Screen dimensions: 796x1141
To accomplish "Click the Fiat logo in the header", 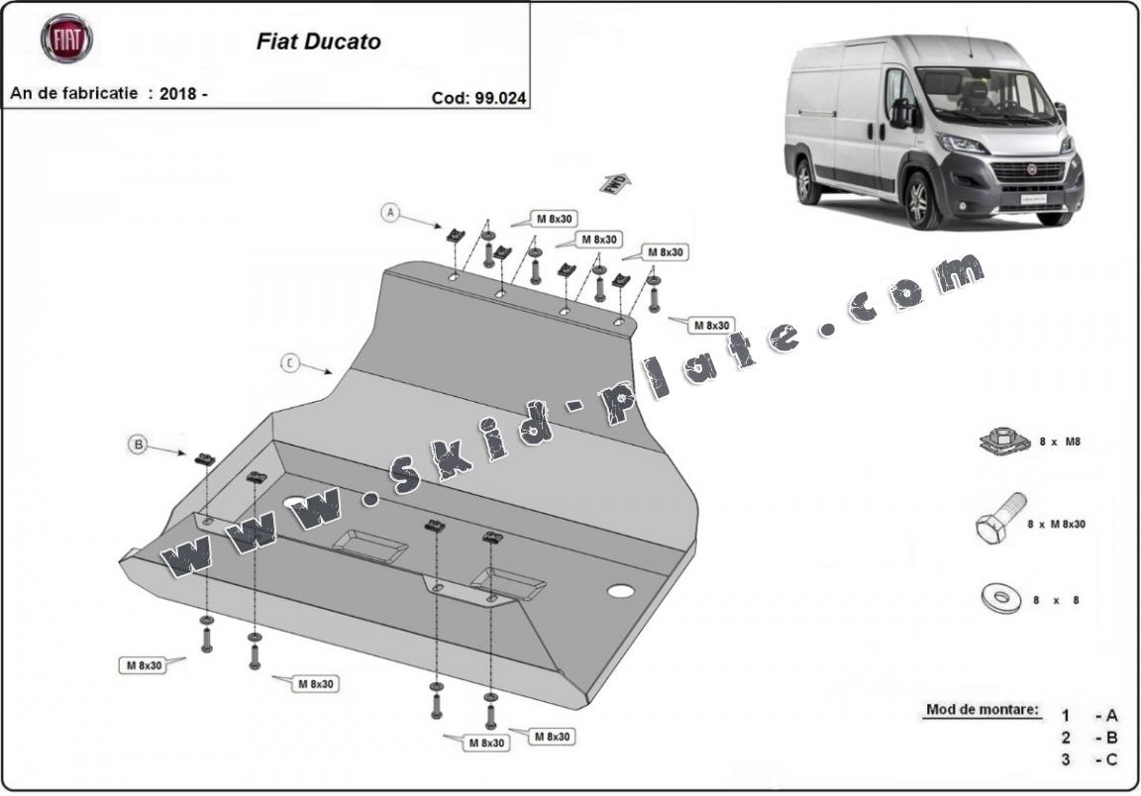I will click(x=65, y=39).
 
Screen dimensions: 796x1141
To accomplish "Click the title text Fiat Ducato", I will click(x=318, y=43).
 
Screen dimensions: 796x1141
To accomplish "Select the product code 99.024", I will click(x=498, y=97).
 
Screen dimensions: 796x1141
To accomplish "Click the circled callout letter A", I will click(x=391, y=213).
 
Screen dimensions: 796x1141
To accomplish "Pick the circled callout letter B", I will click(x=138, y=445).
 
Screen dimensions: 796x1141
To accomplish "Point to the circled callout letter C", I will click(x=289, y=363).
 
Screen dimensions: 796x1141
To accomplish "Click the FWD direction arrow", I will click(x=615, y=182).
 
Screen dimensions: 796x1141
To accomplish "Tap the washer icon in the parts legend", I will click(x=1000, y=598).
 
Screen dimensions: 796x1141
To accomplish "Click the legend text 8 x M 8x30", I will click(x=1056, y=524).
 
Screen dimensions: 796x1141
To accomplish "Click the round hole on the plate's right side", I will click(x=621, y=591).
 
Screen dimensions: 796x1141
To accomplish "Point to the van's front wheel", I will click(x=920, y=199).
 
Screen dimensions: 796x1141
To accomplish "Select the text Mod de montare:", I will click(x=983, y=709).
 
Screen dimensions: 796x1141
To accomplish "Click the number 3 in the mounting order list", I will click(x=1066, y=759).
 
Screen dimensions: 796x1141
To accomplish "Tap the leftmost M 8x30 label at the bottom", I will click(x=144, y=665).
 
